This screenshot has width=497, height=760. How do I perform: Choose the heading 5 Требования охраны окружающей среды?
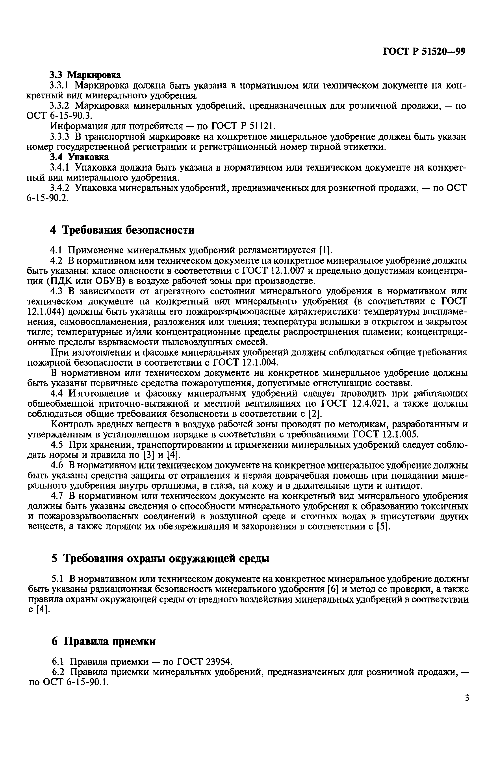click(x=160, y=559)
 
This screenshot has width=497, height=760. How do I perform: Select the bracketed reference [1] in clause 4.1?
click(x=326, y=249)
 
